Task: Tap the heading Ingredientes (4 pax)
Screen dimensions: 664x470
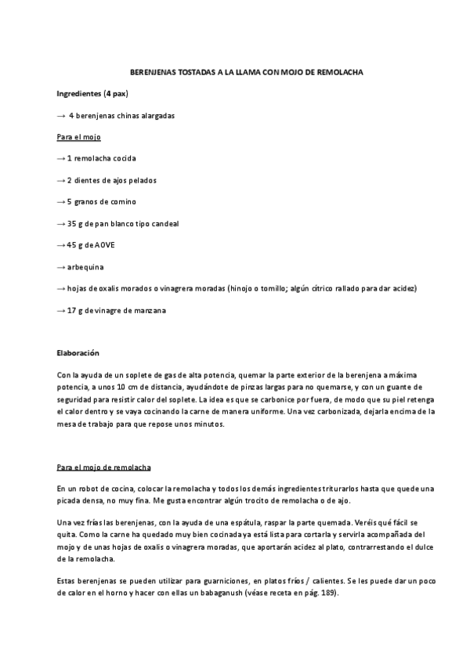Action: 92,94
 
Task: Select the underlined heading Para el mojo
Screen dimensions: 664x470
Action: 74,137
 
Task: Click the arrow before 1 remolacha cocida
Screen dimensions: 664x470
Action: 61,158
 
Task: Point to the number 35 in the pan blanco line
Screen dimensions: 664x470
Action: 71,224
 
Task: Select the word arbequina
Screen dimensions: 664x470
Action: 85,267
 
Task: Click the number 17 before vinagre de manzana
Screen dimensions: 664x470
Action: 71,311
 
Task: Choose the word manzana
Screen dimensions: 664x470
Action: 149,311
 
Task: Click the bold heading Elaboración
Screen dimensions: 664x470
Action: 78,354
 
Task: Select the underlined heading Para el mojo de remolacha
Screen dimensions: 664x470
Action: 99,468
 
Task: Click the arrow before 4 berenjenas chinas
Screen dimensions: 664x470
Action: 61,115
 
